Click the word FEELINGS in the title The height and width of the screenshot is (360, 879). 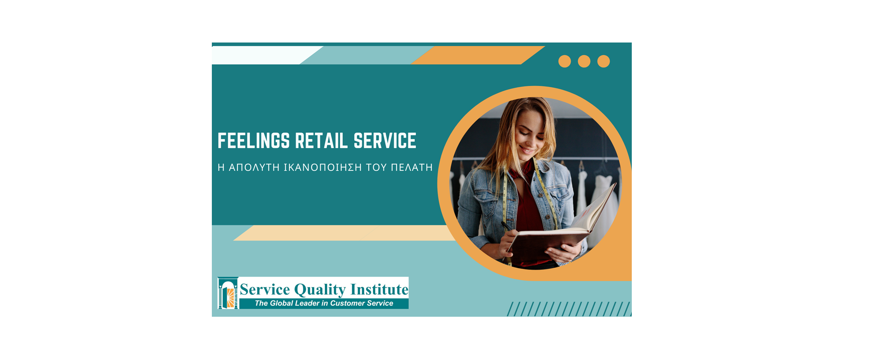[x=254, y=141]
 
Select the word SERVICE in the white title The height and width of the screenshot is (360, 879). [x=385, y=141]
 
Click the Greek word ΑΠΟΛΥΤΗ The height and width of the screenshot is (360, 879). [x=254, y=167]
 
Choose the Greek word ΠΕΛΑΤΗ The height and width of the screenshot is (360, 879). [x=412, y=167]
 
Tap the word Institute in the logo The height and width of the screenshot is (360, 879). [x=379, y=289]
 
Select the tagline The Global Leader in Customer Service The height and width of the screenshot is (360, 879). [x=324, y=303]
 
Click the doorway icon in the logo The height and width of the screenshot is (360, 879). [x=228, y=293]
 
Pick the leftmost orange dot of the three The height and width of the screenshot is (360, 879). [x=564, y=61]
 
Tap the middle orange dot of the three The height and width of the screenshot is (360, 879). [x=584, y=61]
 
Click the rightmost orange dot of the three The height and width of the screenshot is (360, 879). [x=604, y=61]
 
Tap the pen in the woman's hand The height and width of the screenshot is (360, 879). [x=506, y=226]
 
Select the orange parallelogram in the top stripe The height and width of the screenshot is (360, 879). [x=478, y=55]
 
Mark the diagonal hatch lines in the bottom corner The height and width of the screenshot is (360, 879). [x=569, y=309]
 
